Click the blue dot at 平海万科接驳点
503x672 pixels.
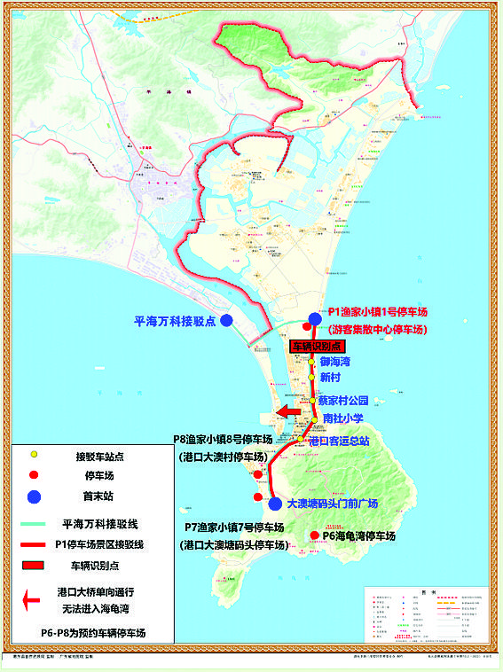(x=227, y=320)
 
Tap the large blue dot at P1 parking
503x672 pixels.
(x=315, y=319)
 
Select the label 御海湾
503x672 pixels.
(x=335, y=362)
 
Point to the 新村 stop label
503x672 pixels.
(x=331, y=378)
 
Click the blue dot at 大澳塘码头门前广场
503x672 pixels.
(x=275, y=504)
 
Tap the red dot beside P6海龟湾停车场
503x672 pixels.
(x=314, y=535)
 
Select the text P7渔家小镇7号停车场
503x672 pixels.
(x=235, y=528)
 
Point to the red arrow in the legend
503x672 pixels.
(x=32, y=600)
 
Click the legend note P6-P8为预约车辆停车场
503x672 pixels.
(x=92, y=633)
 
